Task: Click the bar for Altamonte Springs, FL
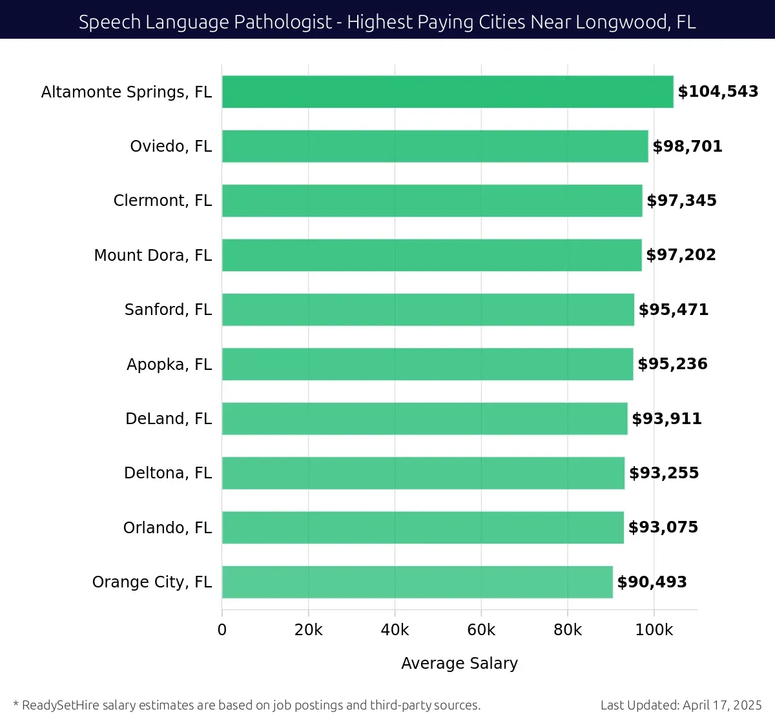point(448,92)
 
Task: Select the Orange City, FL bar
point(417,582)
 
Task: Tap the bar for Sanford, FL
point(428,310)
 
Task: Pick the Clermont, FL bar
point(432,201)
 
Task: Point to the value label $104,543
point(718,92)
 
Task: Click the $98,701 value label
point(687,147)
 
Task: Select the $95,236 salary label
point(672,364)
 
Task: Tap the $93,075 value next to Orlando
point(663,527)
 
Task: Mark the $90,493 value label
point(652,582)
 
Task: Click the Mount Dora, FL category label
point(153,256)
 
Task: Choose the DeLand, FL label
point(169,419)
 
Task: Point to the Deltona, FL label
point(168,473)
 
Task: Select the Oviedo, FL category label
point(171,147)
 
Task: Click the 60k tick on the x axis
point(481,630)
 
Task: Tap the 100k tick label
point(654,630)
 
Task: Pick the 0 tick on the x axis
point(222,630)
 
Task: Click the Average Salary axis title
point(459,664)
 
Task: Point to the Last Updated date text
point(681,705)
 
